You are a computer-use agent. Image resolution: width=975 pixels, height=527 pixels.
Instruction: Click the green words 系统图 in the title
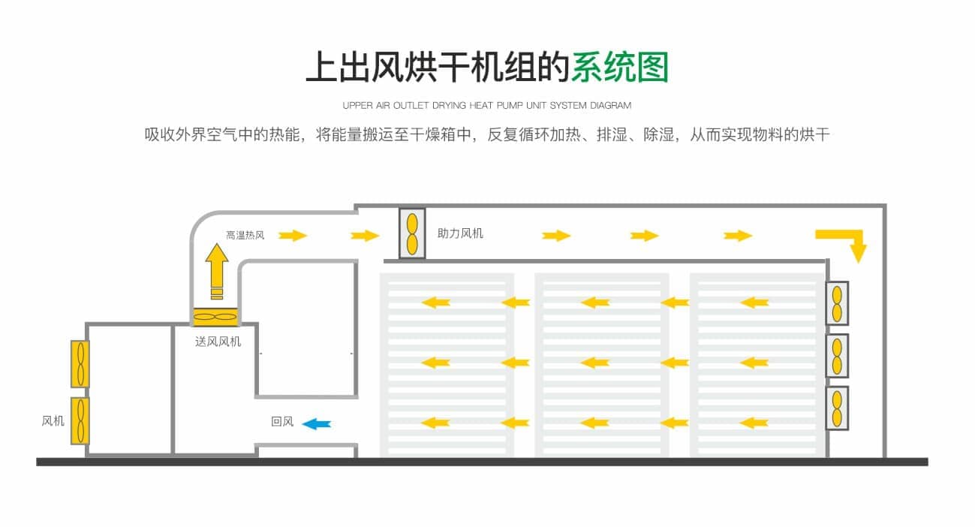tap(619, 68)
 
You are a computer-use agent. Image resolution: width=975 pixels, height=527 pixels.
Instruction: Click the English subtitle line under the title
tap(487, 105)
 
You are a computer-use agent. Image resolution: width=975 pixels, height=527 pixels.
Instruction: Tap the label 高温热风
tap(245, 235)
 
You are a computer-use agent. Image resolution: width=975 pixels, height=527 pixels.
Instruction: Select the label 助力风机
tap(460, 233)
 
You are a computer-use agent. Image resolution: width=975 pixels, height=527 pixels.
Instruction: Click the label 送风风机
tap(218, 342)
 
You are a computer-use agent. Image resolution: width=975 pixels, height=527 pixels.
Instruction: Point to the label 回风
tap(282, 422)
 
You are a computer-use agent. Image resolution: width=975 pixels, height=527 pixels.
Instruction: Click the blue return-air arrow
tap(317, 423)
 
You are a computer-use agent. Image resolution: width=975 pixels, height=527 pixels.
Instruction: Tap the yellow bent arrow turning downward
tap(844, 243)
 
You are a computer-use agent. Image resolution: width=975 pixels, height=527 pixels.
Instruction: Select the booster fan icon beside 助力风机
tap(412, 233)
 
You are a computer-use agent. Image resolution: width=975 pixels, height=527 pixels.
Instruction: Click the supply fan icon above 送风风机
tap(216, 318)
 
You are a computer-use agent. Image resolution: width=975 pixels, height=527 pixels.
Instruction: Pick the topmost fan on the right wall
tap(837, 303)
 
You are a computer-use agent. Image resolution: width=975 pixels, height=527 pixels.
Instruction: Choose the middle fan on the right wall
tap(837, 355)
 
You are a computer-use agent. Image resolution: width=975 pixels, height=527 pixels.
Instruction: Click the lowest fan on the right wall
tap(837, 408)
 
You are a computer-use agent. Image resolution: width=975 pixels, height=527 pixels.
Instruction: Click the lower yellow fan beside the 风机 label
tap(80, 420)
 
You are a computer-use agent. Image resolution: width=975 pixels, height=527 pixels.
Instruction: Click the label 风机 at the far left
tap(53, 420)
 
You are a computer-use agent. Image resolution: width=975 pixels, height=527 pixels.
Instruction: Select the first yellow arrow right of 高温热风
tap(293, 236)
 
